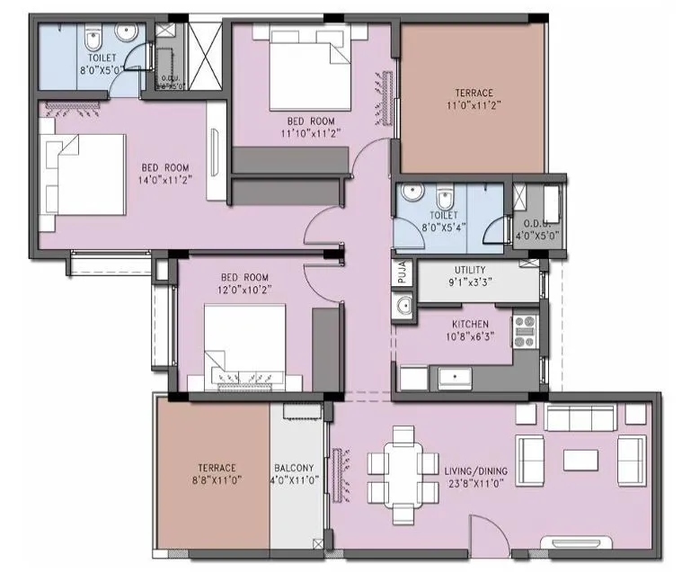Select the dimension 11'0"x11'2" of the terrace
click(x=473, y=105)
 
